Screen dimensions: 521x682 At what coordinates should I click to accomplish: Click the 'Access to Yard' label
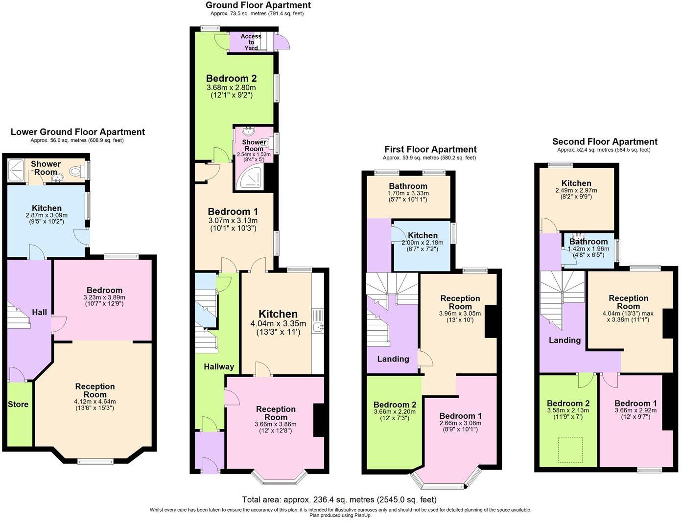(251, 42)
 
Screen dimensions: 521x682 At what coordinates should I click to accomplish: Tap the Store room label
(18, 404)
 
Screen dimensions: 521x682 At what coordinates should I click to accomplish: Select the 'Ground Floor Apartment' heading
(258, 5)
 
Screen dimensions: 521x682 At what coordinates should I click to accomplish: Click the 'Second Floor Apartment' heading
(605, 141)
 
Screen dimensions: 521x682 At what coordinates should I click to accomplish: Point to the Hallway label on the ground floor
(219, 366)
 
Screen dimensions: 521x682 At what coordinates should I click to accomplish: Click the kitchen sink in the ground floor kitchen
(318, 327)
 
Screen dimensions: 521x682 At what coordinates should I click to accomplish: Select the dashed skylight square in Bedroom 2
(570, 450)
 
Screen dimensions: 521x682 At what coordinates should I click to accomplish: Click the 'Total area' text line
(339, 499)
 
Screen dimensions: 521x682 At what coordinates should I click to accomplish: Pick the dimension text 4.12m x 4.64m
(95, 402)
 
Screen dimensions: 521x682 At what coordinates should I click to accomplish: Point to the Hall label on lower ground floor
(40, 312)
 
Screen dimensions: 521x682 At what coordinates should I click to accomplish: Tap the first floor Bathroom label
(408, 186)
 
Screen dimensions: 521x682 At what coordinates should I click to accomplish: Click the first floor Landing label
(393, 359)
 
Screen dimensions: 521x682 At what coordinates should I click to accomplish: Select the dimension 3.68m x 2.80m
(231, 88)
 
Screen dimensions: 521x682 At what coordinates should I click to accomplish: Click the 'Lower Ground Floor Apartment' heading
(78, 132)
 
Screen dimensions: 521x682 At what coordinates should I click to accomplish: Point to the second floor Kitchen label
(576, 183)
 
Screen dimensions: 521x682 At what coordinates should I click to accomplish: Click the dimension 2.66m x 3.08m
(460, 423)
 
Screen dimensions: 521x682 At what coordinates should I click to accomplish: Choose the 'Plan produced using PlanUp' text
(340, 515)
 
